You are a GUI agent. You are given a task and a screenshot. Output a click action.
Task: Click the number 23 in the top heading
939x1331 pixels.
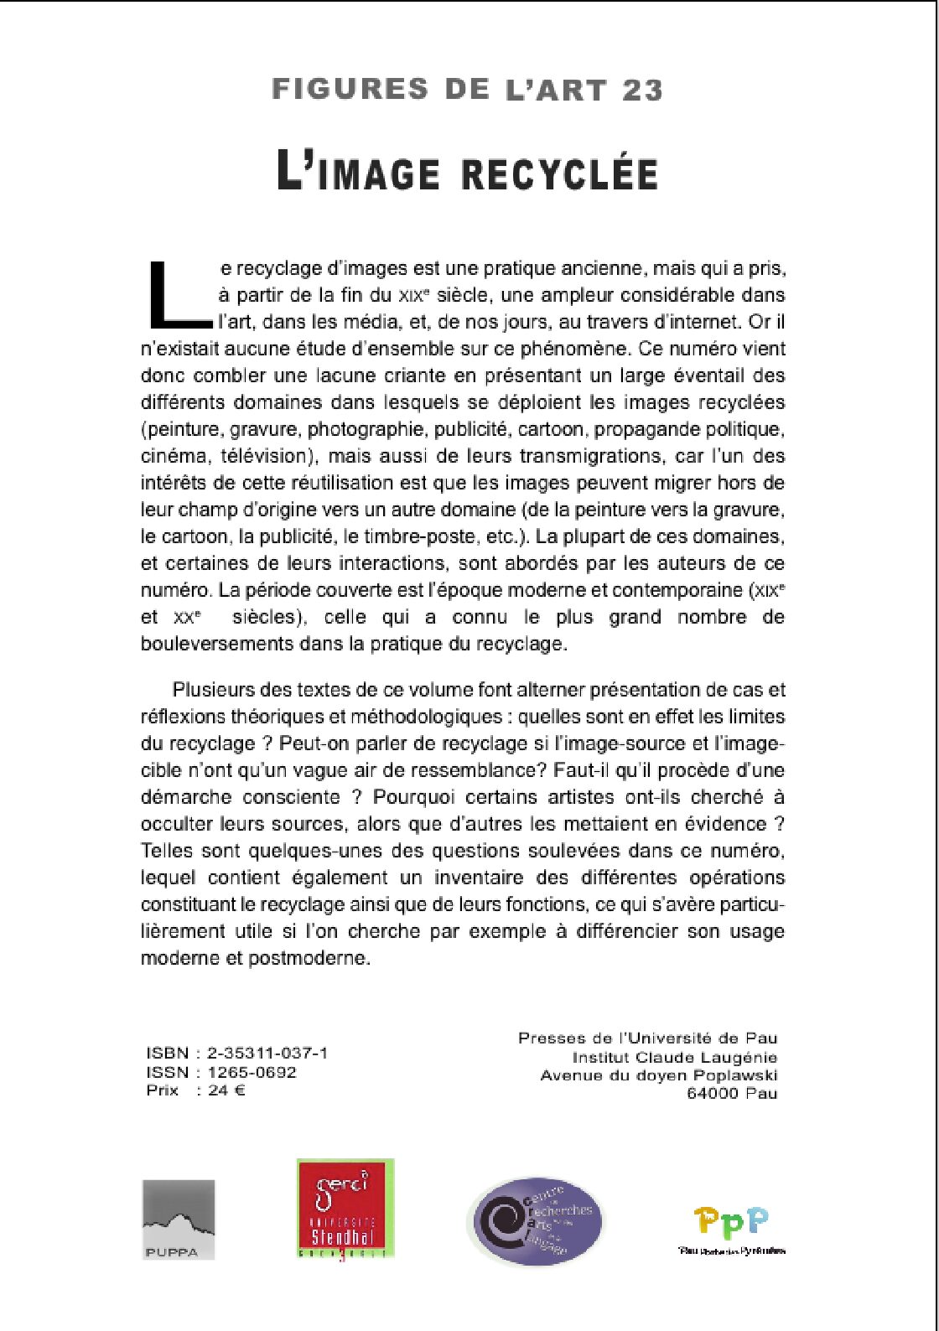[642, 90]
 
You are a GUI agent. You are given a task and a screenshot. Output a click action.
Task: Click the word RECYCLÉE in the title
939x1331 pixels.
[559, 174]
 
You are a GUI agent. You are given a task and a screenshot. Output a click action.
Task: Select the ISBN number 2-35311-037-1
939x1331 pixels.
[267, 1054]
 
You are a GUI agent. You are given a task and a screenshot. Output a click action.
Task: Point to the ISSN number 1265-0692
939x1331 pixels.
[252, 1072]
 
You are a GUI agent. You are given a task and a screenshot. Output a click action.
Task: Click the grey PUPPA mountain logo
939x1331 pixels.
[179, 1220]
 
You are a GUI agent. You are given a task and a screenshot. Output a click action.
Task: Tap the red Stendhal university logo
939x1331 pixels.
[345, 1209]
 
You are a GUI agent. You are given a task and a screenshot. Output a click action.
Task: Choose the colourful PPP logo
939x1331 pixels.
[731, 1229]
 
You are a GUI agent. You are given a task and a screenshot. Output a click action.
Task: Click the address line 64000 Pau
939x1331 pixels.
[732, 1093]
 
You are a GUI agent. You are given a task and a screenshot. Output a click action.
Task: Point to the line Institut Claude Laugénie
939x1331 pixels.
[675, 1057]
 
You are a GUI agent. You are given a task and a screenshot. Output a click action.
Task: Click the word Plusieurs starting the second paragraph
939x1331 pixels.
[215, 690]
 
